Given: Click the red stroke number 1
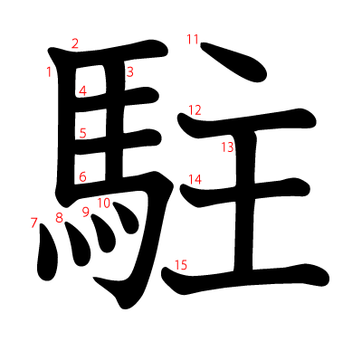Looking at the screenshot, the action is point(49,72).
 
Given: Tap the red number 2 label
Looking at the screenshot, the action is point(75,43).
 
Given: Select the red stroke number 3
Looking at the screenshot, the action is point(129,72).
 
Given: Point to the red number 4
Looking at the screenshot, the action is point(82,90).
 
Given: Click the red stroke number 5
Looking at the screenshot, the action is point(83,133).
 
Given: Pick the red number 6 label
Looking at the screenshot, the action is point(82,176).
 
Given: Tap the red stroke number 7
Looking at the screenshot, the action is point(33,223).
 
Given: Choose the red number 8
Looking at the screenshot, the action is point(59,218).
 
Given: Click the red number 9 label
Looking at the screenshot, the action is point(86,213).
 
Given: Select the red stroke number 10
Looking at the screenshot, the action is point(104,204).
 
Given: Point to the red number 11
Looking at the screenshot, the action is point(193,39).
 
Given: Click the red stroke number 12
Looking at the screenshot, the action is point(195,110).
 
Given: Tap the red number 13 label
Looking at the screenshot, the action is point(227,147).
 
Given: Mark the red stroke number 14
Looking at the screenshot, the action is point(195,179).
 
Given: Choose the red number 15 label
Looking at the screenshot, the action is point(181,265).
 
